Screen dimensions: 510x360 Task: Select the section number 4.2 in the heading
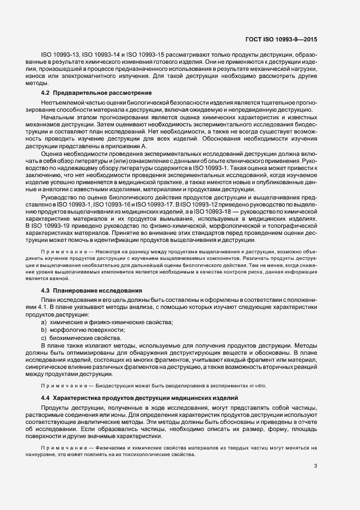[x=46, y=94]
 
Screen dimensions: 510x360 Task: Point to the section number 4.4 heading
[x=46, y=396]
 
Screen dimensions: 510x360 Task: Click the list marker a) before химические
[x=44, y=323]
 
